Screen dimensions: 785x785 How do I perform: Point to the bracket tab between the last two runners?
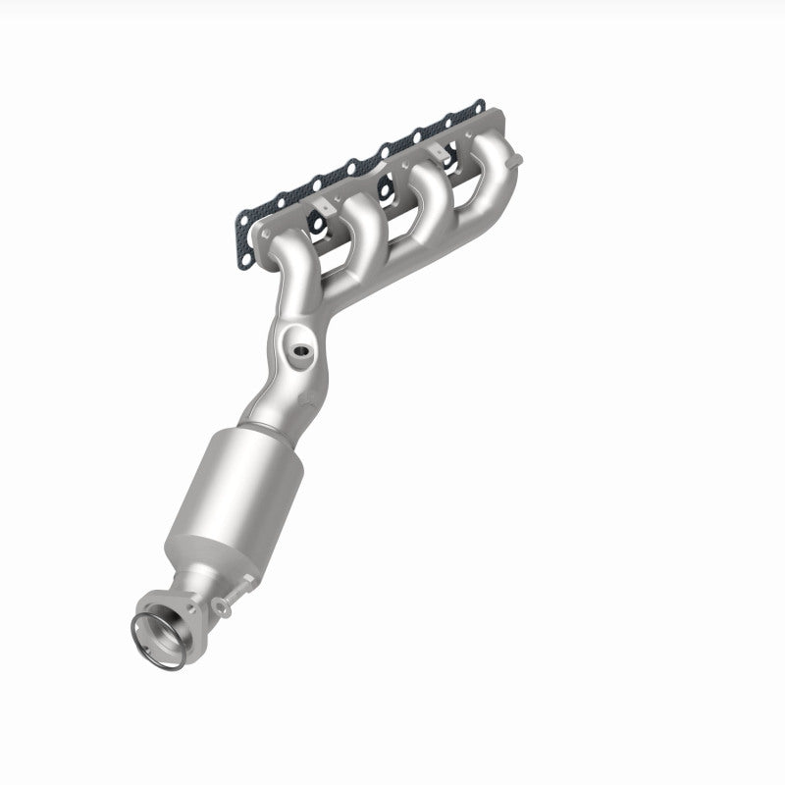[436, 152]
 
